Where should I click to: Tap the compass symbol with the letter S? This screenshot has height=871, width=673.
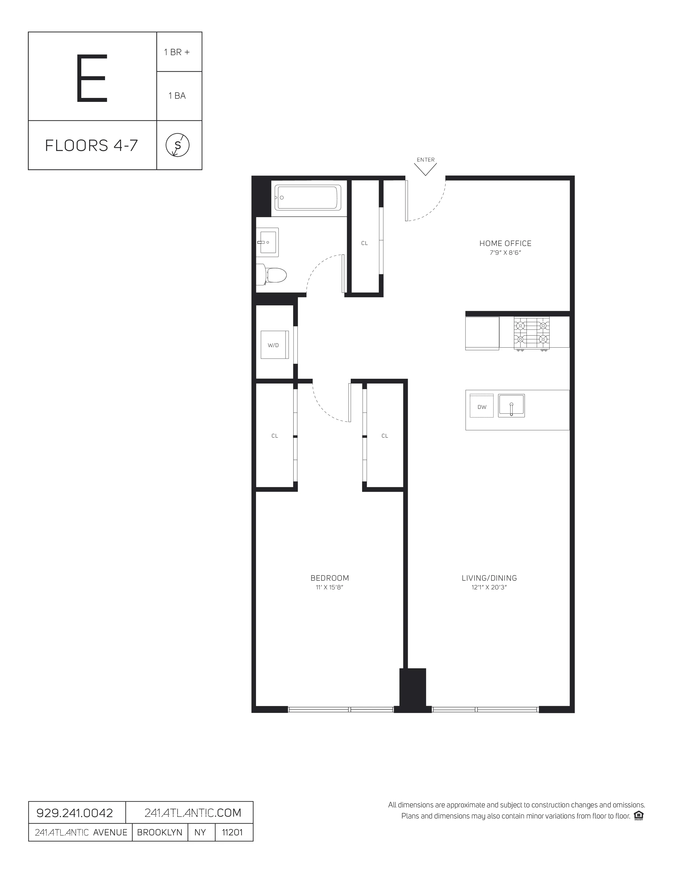tap(177, 145)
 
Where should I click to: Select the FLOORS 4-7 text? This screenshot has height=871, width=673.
tap(91, 146)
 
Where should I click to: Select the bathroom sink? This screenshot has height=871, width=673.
tap(269, 241)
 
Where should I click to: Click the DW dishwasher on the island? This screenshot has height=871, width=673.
tap(482, 406)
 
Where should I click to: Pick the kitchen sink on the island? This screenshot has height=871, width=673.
tap(511, 406)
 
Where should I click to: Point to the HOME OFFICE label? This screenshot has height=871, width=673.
tap(505, 243)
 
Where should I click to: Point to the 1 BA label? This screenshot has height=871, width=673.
tap(177, 96)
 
